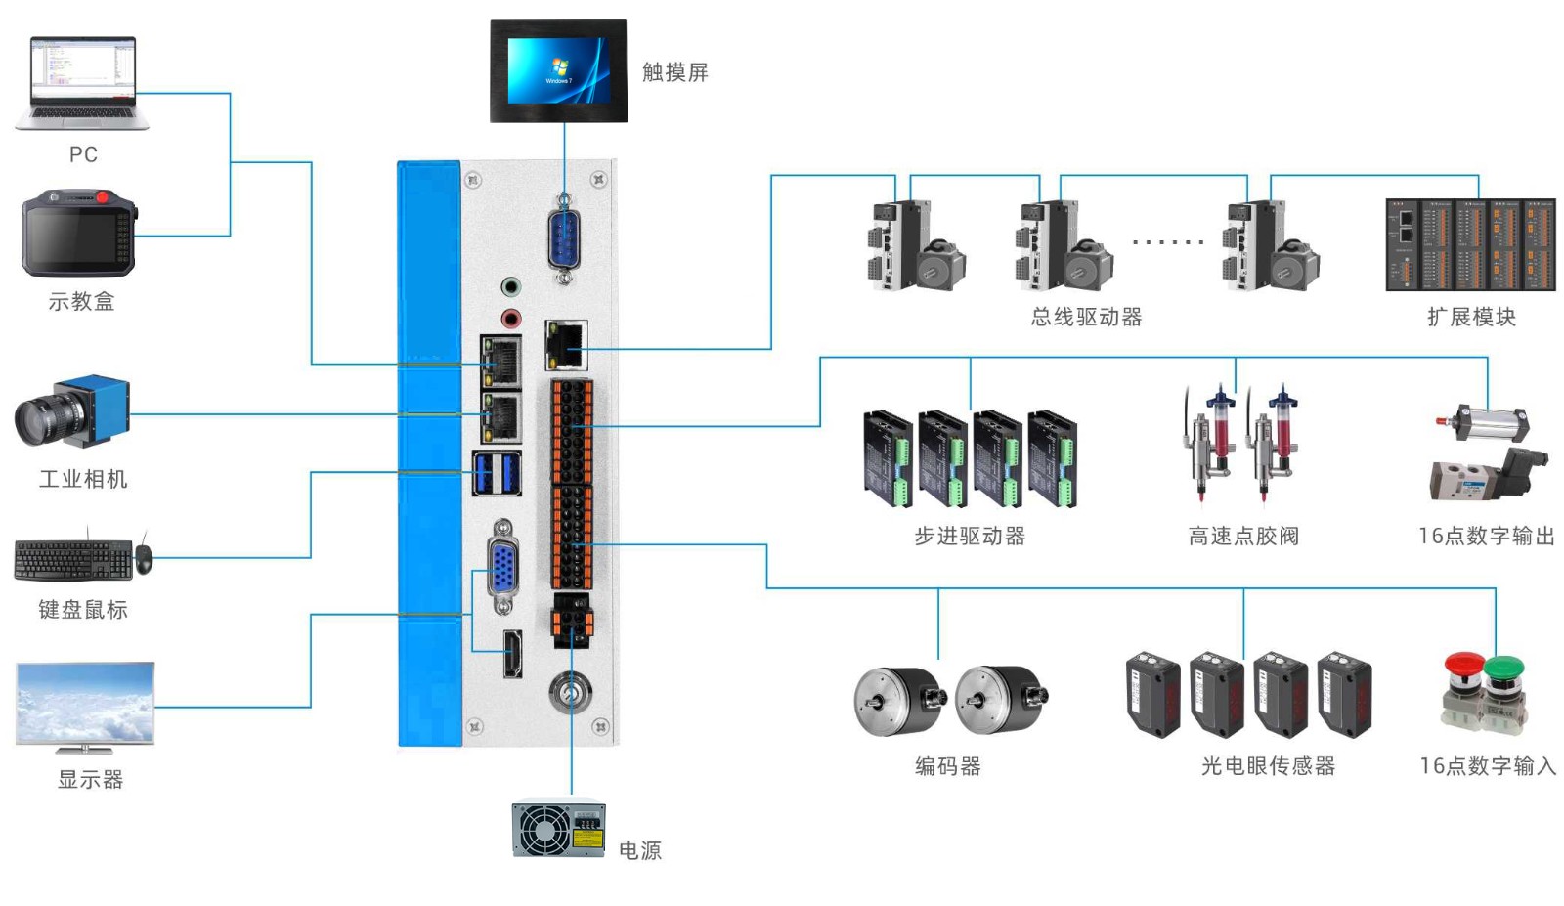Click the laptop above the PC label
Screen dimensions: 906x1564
point(82,83)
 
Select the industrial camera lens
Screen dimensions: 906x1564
point(39,419)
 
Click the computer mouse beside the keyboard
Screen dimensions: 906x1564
point(144,559)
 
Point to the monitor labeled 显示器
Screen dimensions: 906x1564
point(85,706)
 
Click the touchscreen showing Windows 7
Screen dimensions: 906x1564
point(558,70)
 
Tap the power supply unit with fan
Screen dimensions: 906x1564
point(558,830)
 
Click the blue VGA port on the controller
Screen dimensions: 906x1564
point(502,567)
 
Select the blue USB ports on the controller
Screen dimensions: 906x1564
point(497,473)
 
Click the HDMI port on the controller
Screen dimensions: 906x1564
point(512,654)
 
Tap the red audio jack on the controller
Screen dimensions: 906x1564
point(510,319)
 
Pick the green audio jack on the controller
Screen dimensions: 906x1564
point(510,287)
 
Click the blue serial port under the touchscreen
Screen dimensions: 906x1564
point(564,239)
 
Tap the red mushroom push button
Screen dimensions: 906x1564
point(1462,665)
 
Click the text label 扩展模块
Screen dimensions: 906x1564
point(1471,317)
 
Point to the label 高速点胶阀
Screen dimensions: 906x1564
point(1242,536)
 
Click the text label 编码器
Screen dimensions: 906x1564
point(947,766)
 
